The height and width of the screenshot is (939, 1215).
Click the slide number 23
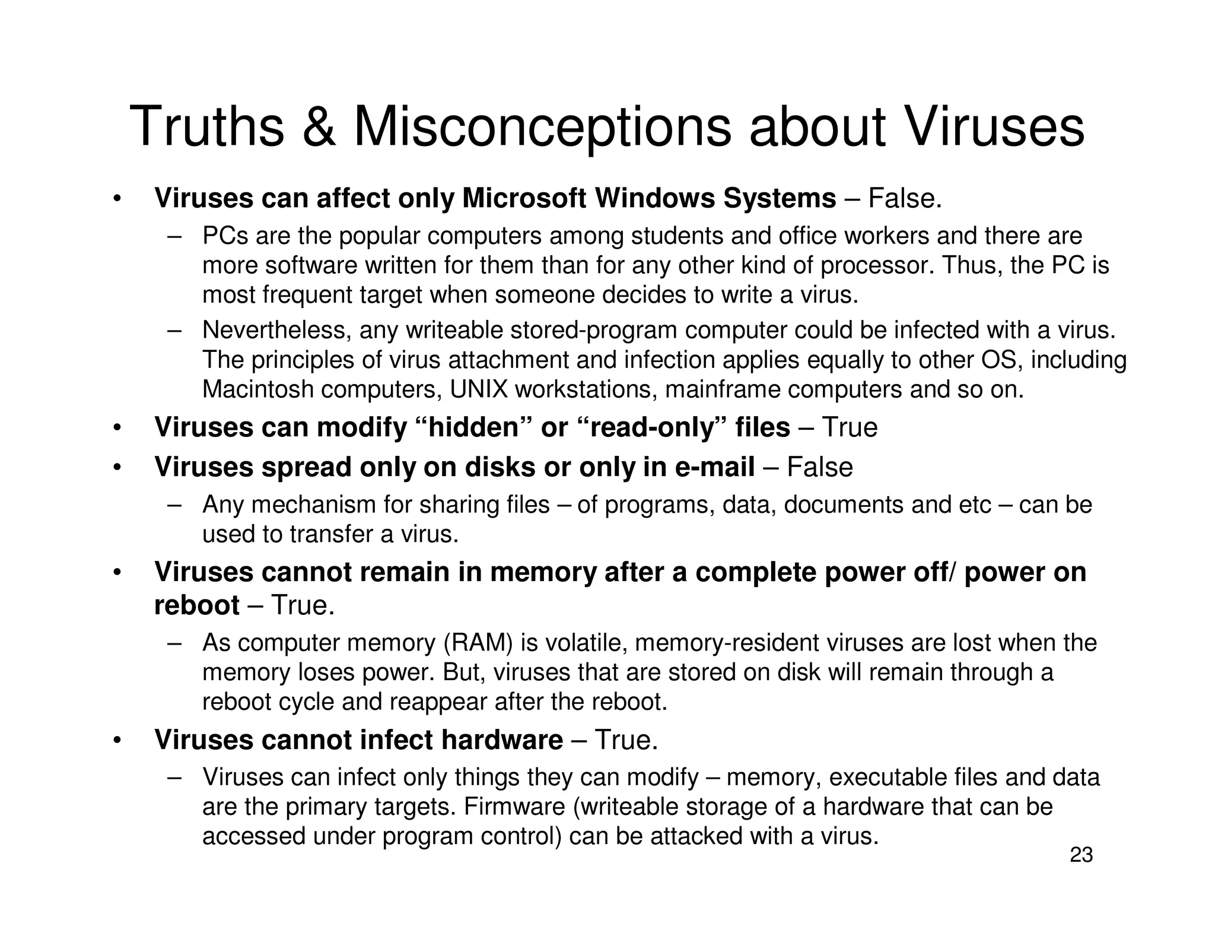click(1081, 855)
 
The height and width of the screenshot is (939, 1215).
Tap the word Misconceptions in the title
click(542, 127)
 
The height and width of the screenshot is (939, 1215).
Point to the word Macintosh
click(258, 390)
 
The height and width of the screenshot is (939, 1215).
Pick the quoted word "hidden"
click(473, 427)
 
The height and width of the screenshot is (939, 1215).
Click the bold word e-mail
click(715, 467)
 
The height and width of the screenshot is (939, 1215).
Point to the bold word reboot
click(197, 605)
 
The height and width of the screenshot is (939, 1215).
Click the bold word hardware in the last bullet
click(502, 740)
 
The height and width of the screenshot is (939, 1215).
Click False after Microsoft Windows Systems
click(905, 198)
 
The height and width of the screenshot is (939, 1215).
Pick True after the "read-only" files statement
click(850, 427)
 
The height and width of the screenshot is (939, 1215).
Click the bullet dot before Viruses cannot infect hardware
click(118, 741)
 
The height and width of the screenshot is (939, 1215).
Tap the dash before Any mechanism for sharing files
click(174, 505)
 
